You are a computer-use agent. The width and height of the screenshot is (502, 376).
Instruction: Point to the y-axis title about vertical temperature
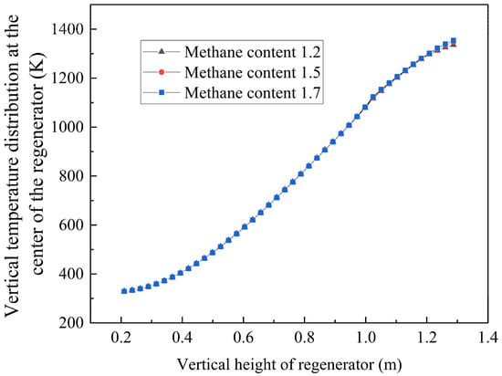coord(26,173)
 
